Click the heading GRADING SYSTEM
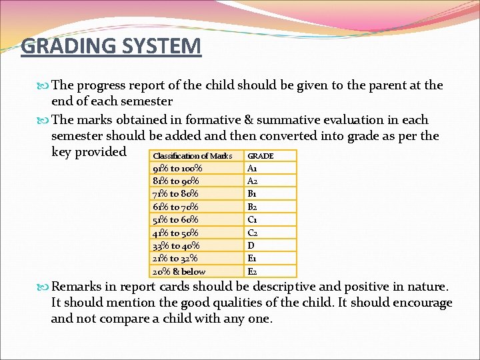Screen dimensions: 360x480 coord(111,47)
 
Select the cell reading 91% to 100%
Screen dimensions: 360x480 coord(177,169)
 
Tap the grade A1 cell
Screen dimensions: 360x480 coord(253,169)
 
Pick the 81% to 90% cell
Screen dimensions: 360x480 coord(176,181)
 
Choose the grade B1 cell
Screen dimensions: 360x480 coord(253,194)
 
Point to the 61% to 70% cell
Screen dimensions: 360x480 coord(175,207)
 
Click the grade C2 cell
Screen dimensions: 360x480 coord(253,233)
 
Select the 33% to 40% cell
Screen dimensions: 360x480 coord(176,245)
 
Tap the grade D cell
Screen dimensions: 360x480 coord(251,245)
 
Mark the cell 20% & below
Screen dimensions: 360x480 coord(179,271)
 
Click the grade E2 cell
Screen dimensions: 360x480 coord(253,271)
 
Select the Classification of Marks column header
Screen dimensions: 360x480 coord(193,156)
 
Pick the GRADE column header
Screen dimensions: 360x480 coord(261,156)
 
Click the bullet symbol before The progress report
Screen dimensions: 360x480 coord(45,85)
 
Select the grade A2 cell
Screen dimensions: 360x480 coord(253,181)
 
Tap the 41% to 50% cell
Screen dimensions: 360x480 coord(175,233)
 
